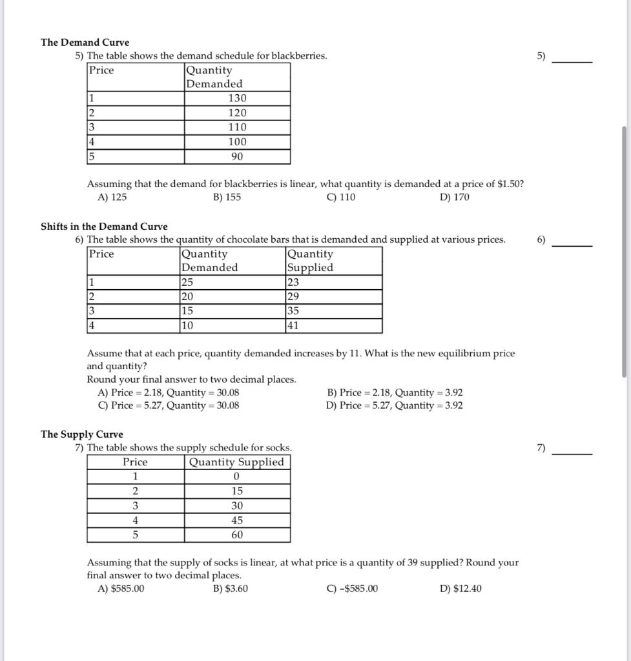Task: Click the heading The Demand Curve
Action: [x=85, y=42]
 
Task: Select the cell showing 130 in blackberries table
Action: [x=237, y=98]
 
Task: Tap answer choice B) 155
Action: [x=227, y=197]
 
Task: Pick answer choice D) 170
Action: [x=454, y=197]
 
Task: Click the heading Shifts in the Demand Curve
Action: [x=104, y=226]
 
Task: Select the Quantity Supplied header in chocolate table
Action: [x=311, y=261]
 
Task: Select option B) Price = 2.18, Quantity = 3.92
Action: [x=395, y=392]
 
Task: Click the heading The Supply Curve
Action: [x=82, y=434]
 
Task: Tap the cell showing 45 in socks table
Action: [x=237, y=520]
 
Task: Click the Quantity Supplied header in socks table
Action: [x=236, y=462]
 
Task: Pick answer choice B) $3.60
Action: [x=230, y=589]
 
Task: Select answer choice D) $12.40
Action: [x=460, y=589]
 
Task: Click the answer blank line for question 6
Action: [x=572, y=246]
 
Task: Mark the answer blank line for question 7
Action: [x=572, y=454]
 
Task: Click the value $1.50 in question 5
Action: [x=509, y=184]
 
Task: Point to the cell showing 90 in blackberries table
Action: [x=237, y=157]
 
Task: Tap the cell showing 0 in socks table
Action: [x=236, y=476]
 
